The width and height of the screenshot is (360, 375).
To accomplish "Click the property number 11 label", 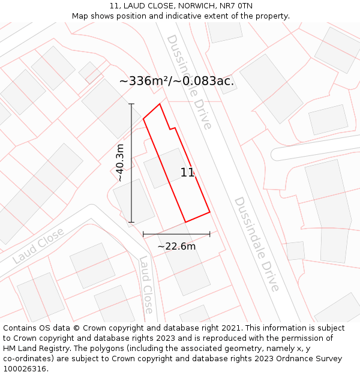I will (187, 173).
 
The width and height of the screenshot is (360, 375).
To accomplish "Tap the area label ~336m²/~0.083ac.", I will (176, 81).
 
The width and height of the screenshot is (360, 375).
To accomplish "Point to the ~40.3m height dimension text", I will (120, 163).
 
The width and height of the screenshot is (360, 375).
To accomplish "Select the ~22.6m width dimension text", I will (176, 246).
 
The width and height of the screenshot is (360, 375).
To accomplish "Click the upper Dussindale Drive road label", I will (189, 82).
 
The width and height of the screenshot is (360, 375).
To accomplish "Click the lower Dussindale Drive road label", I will (256, 244).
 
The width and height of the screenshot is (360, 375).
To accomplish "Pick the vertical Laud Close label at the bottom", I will (146, 284).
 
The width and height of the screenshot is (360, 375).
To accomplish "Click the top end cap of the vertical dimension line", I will (131, 104).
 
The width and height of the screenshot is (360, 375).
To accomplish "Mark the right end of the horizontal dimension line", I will (210, 233).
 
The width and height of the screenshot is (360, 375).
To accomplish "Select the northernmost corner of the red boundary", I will (160, 104).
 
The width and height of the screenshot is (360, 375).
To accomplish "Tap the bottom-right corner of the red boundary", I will (209, 212).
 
